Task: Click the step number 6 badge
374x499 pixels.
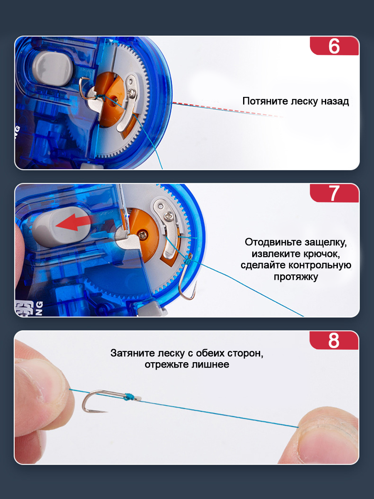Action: click(334, 46)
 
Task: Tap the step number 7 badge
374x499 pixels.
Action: click(334, 193)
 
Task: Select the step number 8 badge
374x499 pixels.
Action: click(334, 340)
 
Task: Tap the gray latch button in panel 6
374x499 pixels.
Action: click(53, 69)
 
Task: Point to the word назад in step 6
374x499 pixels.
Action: click(335, 101)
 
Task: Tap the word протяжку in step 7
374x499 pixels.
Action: click(295, 277)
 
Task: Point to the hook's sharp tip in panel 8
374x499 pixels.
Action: click(107, 412)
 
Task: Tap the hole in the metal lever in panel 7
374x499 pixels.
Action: click(161, 206)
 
